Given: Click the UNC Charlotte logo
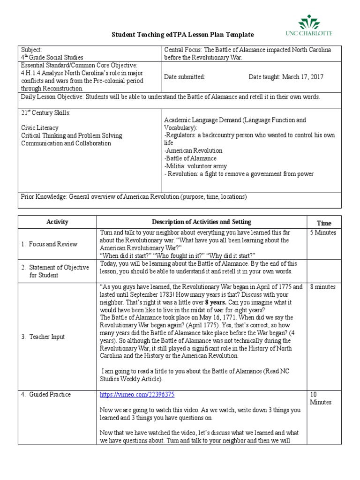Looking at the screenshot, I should (315, 26).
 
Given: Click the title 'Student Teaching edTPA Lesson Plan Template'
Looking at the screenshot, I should (182, 35).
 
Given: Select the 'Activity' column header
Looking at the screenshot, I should (57, 222).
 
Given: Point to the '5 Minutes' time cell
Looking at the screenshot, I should (323, 232).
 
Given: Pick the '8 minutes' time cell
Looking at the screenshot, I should (323, 287).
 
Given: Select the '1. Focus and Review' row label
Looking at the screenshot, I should (49, 244).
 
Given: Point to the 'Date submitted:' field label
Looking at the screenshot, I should (184, 77).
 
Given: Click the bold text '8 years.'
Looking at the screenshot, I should (218, 302).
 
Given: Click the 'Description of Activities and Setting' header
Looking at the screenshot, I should (201, 222).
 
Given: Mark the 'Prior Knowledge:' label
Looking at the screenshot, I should (44, 197).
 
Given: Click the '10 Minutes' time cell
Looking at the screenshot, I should (320, 398).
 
